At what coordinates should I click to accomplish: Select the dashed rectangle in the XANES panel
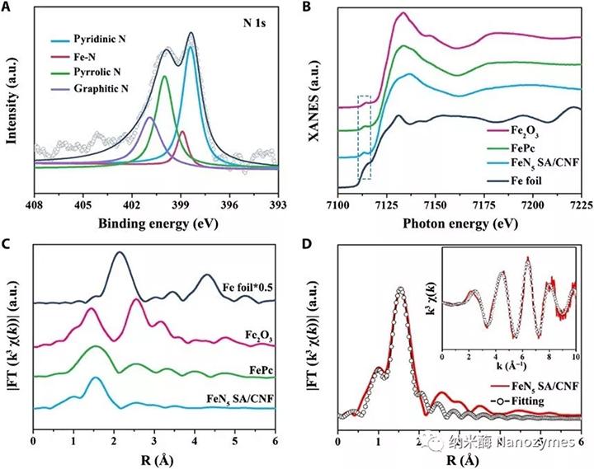coord(364,137)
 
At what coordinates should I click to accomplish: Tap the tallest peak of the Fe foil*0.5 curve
coord(120,253)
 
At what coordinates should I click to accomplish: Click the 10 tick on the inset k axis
coord(574,353)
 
